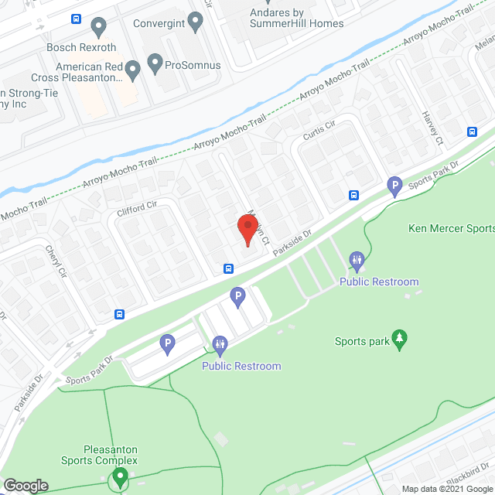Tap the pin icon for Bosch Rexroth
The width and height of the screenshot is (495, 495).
[x=98, y=28]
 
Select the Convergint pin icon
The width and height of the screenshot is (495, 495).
[x=195, y=23]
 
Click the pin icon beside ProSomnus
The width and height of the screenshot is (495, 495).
[x=155, y=64]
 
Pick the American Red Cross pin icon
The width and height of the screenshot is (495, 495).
[x=132, y=71]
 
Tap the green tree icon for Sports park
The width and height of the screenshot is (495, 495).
[x=400, y=340]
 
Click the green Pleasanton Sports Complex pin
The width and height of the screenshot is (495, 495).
[x=119, y=479]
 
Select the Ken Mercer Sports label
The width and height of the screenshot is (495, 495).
[x=451, y=228]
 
